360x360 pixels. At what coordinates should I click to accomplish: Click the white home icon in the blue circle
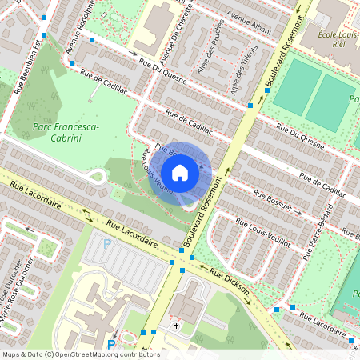[x=180, y=172]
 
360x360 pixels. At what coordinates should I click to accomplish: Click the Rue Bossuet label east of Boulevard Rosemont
[x=276, y=200]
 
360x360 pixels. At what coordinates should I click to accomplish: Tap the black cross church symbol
[x=177, y=326]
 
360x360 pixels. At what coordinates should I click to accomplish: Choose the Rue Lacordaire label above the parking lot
[x=128, y=232]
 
